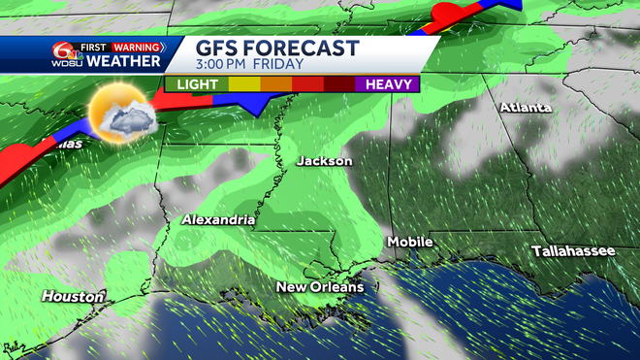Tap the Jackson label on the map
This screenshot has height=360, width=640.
pyautogui.click(x=325, y=160)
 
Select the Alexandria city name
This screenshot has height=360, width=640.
pyautogui.click(x=218, y=220)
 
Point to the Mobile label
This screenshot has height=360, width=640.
pyautogui.click(x=410, y=241)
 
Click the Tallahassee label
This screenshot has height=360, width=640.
pyautogui.click(x=573, y=251)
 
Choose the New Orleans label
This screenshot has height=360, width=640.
pyautogui.click(x=320, y=286)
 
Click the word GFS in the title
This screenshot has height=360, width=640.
pyautogui.click(x=218, y=48)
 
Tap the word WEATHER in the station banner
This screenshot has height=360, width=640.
pyautogui.click(x=123, y=62)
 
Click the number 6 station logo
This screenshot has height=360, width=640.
pyautogui.click(x=64, y=54)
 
